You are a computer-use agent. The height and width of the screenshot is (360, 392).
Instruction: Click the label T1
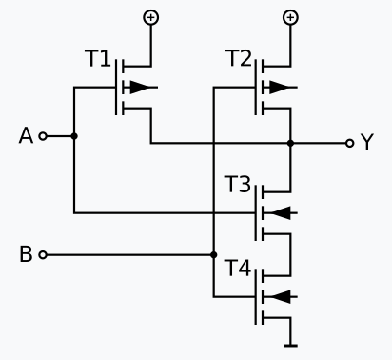pos(97,59)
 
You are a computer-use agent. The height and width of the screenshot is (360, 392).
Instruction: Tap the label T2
pos(238,59)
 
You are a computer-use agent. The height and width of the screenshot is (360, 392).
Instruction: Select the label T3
pos(238,184)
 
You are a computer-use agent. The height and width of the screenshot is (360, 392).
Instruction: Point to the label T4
pos(238,270)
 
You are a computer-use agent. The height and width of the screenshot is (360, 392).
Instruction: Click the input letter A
pos(26,136)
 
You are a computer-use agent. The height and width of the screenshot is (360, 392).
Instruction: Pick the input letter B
pos(26,254)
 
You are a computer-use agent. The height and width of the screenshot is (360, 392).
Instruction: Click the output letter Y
pos(367,143)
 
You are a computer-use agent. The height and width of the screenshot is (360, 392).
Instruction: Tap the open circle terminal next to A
pos(42,136)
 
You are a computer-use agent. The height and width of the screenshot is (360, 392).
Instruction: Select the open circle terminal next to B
pos(42,254)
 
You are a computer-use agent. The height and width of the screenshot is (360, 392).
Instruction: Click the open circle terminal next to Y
pos(349,143)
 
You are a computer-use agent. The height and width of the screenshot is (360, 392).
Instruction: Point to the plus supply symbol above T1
pos(150,17)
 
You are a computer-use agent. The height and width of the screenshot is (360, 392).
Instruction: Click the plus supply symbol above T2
pos(290,17)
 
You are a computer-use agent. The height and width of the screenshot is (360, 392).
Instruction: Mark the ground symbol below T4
pos(290,343)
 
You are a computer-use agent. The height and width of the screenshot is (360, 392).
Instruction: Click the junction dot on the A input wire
pos(74,136)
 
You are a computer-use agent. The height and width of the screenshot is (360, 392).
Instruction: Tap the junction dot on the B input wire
pos(213,254)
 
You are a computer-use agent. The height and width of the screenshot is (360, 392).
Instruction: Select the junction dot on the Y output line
pos(290,143)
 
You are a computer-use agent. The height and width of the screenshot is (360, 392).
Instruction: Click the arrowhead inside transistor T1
pos(139,88)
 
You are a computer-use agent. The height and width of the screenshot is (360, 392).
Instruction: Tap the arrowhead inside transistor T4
pos(280,297)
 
